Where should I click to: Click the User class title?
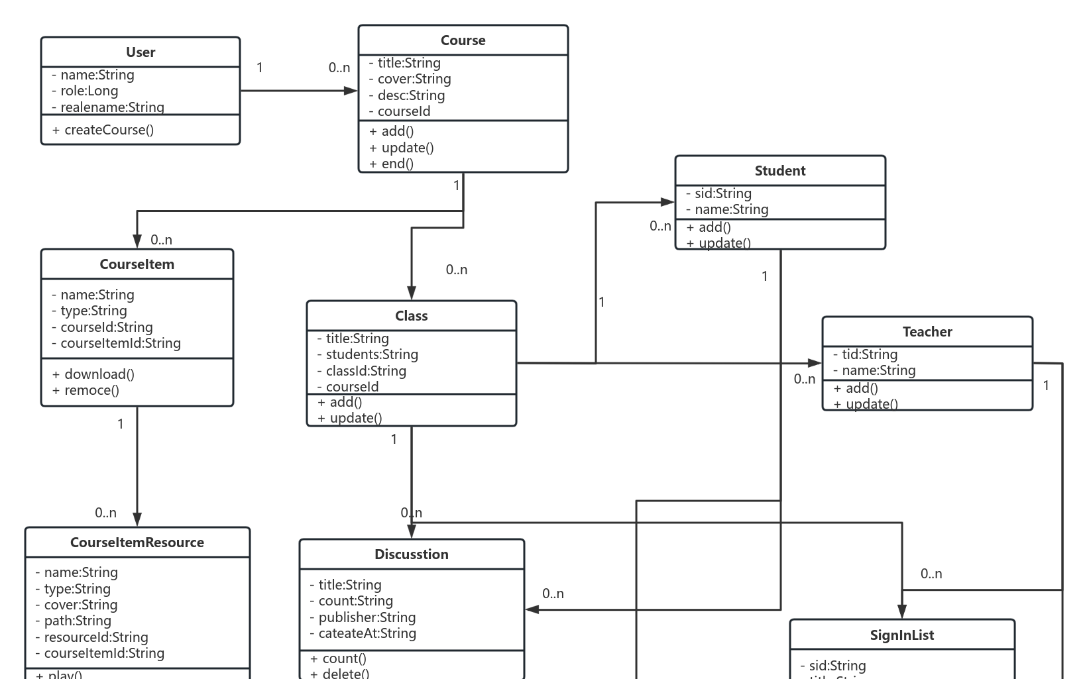coord(141,52)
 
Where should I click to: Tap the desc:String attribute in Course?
coord(407,95)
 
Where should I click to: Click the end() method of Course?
coord(392,164)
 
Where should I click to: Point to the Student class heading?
coord(780,171)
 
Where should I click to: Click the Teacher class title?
coord(927,332)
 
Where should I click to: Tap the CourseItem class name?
coord(137,264)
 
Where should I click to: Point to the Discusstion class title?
coord(412,554)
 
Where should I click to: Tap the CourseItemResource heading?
coord(137,543)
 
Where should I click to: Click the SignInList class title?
coord(902,635)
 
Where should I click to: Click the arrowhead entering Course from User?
coord(351,91)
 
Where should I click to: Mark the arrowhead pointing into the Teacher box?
coord(815,363)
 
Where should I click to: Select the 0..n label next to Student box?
coord(660,226)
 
